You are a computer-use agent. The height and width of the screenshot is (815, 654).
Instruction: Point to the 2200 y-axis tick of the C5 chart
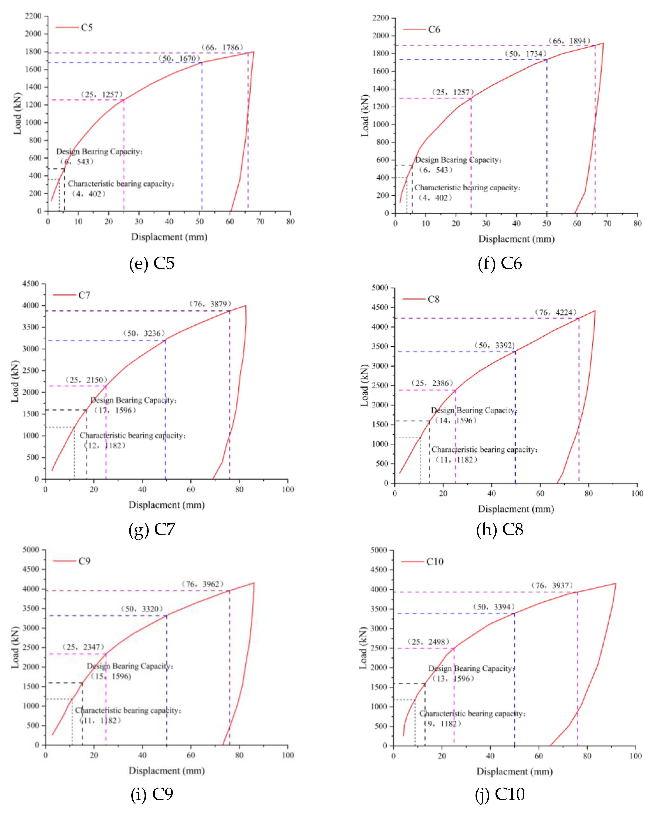click(33, 16)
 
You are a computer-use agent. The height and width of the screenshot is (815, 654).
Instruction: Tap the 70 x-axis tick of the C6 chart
click(607, 223)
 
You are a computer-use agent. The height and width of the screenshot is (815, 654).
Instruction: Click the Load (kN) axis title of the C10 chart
click(363, 648)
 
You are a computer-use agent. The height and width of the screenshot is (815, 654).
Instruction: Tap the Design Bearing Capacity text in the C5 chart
click(99, 152)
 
